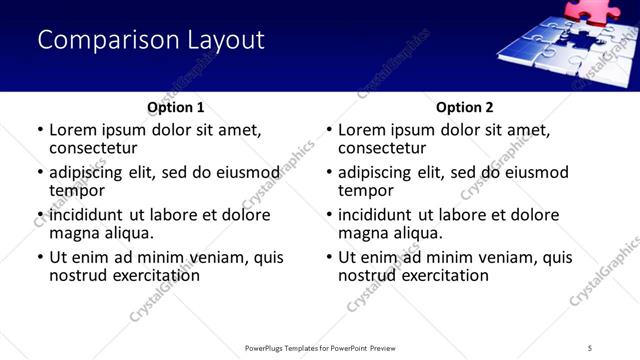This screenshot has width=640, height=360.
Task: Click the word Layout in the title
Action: (225, 40)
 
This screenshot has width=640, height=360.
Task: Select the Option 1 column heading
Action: (175, 107)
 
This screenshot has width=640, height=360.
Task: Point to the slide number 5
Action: (590, 348)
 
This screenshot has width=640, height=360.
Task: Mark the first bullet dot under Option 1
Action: (40, 130)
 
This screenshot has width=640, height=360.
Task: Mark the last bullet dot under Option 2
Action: (329, 257)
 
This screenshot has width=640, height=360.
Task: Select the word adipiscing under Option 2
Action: (384, 172)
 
